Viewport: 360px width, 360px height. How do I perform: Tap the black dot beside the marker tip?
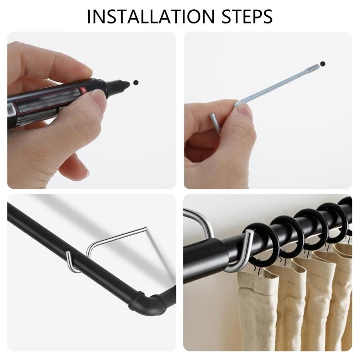click(136, 83)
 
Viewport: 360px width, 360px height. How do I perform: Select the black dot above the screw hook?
click(322, 63)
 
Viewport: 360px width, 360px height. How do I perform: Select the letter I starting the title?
click(90, 16)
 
